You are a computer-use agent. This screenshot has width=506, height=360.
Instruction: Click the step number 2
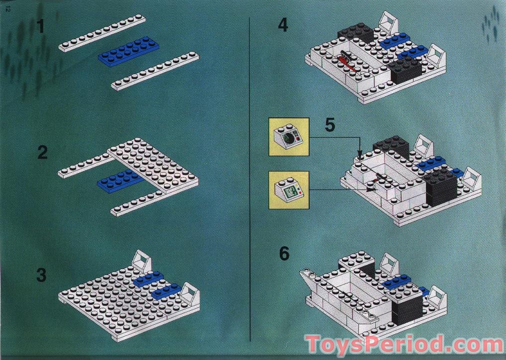43,153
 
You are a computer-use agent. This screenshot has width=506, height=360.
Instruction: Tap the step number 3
42,274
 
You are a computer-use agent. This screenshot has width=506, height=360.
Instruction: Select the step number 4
283,25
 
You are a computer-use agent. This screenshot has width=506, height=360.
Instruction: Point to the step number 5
330,124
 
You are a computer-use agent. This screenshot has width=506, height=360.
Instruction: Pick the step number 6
284,253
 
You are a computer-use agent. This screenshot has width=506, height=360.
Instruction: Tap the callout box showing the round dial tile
289,137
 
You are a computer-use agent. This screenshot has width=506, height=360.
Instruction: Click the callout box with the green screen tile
289,190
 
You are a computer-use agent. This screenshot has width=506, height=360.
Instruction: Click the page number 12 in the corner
7,9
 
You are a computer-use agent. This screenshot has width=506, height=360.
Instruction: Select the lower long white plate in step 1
155,72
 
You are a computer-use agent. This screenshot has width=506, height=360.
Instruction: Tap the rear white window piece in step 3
142,261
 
